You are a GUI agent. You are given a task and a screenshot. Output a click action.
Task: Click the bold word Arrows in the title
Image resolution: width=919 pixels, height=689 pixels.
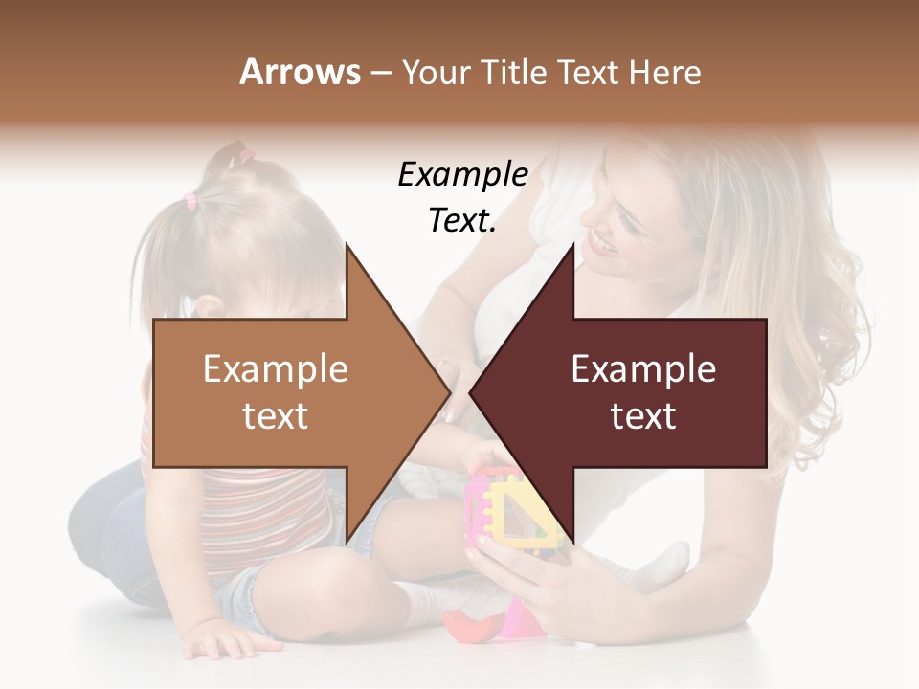[x=301, y=72]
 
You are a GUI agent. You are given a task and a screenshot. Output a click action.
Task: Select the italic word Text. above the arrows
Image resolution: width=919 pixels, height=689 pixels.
[x=462, y=221]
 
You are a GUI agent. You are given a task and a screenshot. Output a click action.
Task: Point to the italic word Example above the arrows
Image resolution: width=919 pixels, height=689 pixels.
[x=462, y=175]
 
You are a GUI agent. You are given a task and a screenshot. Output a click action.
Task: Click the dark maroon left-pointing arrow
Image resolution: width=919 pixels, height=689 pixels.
[x=641, y=392]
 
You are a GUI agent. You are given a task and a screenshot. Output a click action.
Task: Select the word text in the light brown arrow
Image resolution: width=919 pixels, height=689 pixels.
[x=275, y=416]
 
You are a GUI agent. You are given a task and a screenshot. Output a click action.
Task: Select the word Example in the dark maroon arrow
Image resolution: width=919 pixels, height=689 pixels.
[x=643, y=368]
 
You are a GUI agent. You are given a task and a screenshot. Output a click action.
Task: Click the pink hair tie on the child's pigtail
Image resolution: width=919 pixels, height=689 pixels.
[x=190, y=200]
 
